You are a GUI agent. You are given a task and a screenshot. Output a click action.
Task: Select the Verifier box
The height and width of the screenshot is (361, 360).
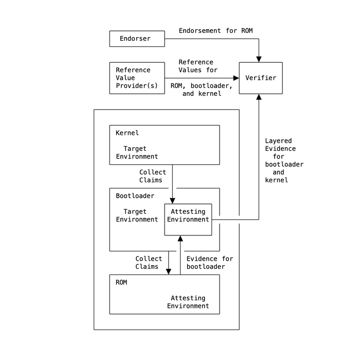coord(260,78)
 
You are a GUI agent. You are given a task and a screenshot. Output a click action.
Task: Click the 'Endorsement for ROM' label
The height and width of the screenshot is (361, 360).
coord(215,31)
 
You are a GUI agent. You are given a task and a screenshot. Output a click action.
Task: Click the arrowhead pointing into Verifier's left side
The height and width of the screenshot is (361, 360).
coord(236,78)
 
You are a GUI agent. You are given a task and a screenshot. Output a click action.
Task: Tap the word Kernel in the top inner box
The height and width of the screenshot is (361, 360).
coord(127,133)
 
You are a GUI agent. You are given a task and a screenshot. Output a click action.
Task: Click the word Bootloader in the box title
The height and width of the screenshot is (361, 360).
coord(135,196)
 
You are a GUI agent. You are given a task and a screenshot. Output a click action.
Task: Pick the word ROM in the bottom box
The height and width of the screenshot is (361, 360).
coord(121,282)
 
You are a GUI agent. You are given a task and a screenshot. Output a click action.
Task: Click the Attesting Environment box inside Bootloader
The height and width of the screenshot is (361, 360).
coord(188,219)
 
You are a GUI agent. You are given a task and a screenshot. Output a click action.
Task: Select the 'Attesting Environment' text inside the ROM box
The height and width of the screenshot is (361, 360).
coord(188,302)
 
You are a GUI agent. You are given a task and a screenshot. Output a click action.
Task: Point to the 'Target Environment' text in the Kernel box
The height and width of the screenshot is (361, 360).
coord(137,152)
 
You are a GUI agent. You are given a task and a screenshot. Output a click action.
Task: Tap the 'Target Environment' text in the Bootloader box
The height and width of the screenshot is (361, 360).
coord(137,215)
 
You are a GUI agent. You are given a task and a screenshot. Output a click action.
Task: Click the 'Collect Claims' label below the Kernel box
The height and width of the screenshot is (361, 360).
coord(151,176)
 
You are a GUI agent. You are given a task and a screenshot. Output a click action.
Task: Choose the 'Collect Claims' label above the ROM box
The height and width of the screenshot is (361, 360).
coord(149,263)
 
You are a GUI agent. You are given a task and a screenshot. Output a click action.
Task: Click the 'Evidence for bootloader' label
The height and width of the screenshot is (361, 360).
coord(209,263)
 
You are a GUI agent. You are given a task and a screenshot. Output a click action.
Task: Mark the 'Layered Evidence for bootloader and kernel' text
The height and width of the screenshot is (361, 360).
coord(284,160)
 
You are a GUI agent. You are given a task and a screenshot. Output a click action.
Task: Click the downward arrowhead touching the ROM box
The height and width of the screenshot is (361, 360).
coord(168,271)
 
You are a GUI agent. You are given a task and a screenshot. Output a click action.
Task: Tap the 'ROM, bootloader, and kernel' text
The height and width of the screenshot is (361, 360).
coord(202,90)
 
